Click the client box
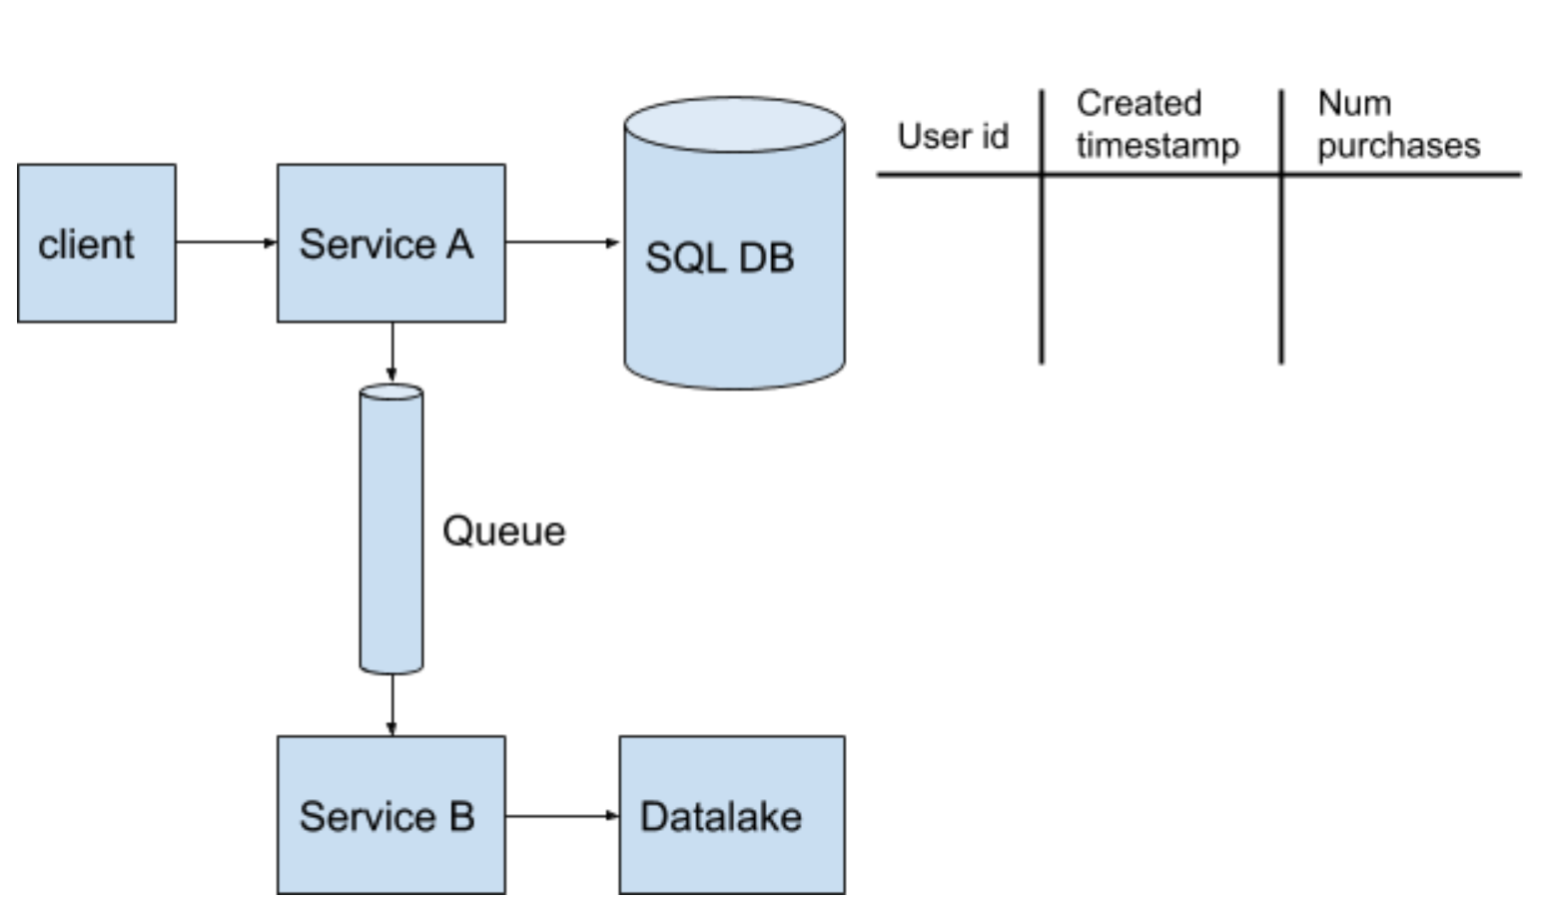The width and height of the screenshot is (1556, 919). pyautogui.click(x=97, y=243)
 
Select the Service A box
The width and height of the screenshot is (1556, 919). pyautogui.click(x=391, y=243)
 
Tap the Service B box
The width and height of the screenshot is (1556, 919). pyautogui.click(x=391, y=815)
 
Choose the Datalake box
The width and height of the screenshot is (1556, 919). pyautogui.click(x=732, y=815)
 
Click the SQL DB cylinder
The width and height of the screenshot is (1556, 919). pyautogui.click(x=735, y=243)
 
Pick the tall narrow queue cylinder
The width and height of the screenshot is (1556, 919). pyautogui.click(x=391, y=528)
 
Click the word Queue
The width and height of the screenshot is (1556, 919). pyautogui.click(x=504, y=532)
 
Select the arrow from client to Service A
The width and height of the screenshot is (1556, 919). pyautogui.click(x=227, y=243)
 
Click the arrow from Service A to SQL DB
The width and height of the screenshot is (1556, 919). pyautogui.click(x=562, y=243)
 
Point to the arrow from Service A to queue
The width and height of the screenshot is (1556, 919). pyautogui.click(x=391, y=353)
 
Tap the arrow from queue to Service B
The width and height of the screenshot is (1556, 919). pyautogui.click(x=391, y=705)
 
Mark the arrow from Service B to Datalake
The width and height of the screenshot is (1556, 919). pyautogui.click(x=562, y=815)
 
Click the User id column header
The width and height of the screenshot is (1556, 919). pyautogui.click(x=953, y=136)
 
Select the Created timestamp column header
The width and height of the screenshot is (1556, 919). pyautogui.click(x=1158, y=125)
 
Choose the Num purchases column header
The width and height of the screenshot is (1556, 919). pyautogui.click(x=1399, y=125)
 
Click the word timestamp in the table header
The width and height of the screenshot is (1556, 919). pyautogui.click(x=1158, y=146)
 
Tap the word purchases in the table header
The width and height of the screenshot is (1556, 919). pyautogui.click(x=1399, y=146)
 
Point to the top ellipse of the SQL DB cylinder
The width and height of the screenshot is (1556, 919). pyautogui.click(x=735, y=124)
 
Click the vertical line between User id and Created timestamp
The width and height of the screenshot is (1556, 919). pyautogui.click(x=1042, y=227)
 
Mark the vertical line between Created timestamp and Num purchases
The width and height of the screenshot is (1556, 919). pyautogui.click(x=1281, y=227)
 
